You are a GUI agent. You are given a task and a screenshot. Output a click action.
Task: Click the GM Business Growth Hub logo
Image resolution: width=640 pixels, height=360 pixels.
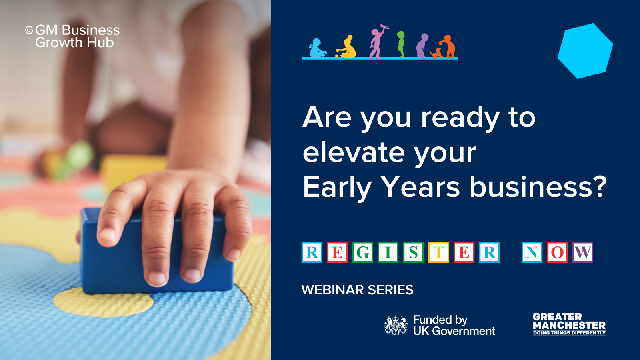(72, 36)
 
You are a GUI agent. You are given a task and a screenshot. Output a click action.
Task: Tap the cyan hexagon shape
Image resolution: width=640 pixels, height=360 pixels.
(585, 51)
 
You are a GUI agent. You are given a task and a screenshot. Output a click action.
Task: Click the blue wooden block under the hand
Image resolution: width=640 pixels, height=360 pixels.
(156, 252)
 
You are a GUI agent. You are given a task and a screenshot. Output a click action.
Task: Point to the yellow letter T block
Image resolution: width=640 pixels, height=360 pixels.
(438, 252)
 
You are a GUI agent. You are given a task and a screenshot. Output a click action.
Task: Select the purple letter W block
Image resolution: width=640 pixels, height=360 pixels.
(582, 252)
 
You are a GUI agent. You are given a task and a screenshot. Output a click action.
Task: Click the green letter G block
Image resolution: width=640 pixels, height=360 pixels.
(362, 252)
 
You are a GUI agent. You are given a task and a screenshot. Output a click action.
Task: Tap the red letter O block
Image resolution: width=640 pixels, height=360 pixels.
(557, 252)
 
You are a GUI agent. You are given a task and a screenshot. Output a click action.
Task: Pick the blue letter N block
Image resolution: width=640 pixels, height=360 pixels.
(532, 252)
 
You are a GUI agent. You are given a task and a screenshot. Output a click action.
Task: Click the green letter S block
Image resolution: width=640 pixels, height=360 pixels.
(413, 252)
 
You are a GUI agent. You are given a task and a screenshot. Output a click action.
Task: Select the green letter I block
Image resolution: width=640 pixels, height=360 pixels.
(388, 252)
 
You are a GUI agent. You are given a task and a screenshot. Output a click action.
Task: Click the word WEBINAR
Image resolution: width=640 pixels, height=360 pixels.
(332, 290)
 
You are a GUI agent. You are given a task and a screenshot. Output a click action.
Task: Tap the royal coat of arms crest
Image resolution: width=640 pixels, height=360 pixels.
(396, 325)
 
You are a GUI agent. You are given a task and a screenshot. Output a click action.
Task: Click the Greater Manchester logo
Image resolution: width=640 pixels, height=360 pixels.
(569, 324)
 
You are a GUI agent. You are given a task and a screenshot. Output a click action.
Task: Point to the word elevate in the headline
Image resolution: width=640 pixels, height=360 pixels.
(354, 152)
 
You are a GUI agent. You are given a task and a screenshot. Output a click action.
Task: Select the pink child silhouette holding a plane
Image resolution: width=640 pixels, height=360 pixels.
(378, 42)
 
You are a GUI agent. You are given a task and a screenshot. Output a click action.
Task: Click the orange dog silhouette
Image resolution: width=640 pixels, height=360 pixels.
(436, 54)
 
